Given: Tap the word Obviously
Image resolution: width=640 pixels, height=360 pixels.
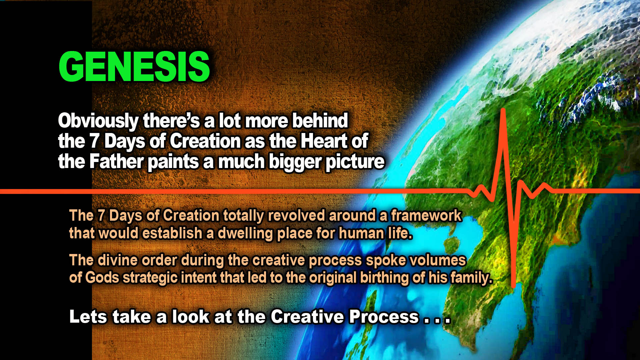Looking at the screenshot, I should pyautogui.click(x=98, y=121).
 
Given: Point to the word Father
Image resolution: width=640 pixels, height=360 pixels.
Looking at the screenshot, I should pyautogui.click(x=116, y=162).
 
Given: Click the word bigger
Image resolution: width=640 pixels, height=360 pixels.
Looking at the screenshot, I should pyautogui.click(x=295, y=162).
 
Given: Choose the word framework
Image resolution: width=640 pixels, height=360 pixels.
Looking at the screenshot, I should pyautogui.click(x=426, y=216).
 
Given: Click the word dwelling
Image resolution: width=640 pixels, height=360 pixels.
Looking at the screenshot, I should pyautogui.click(x=245, y=233).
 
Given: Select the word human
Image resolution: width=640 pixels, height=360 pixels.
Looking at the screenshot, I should pyautogui.click(x=361, y=233).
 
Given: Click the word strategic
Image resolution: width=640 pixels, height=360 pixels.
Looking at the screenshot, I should pyautogui.click(x=150, y=278).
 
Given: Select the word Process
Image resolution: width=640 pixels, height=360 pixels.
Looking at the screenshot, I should pyautogui.click(x=384, y=317).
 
